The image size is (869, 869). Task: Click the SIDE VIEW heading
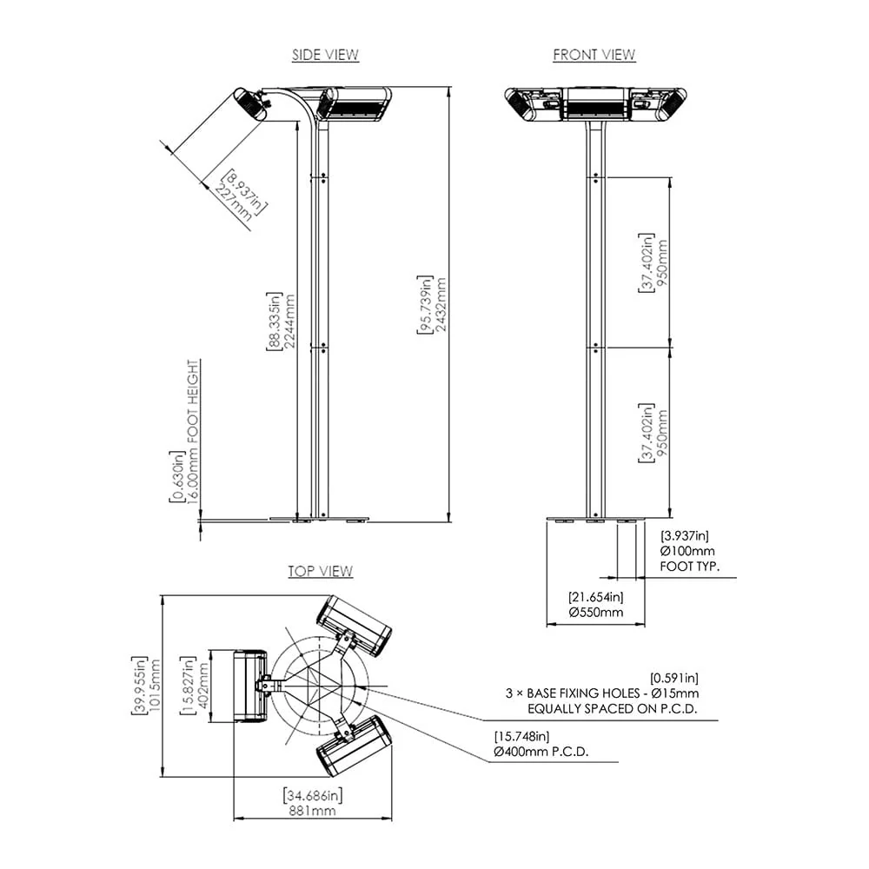tap(325, 55)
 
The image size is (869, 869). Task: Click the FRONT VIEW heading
tap(594, 55)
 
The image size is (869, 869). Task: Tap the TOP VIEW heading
tap(321, 571)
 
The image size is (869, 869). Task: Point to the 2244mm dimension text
tap(282, 321)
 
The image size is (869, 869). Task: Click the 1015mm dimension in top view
tap(148, 684)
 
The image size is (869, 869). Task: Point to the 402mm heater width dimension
tap(196, 684)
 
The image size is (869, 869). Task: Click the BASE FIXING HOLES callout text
tap(602, 693)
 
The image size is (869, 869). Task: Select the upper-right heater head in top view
tap(354, 625)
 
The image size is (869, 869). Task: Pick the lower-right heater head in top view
tap(354, 746)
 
